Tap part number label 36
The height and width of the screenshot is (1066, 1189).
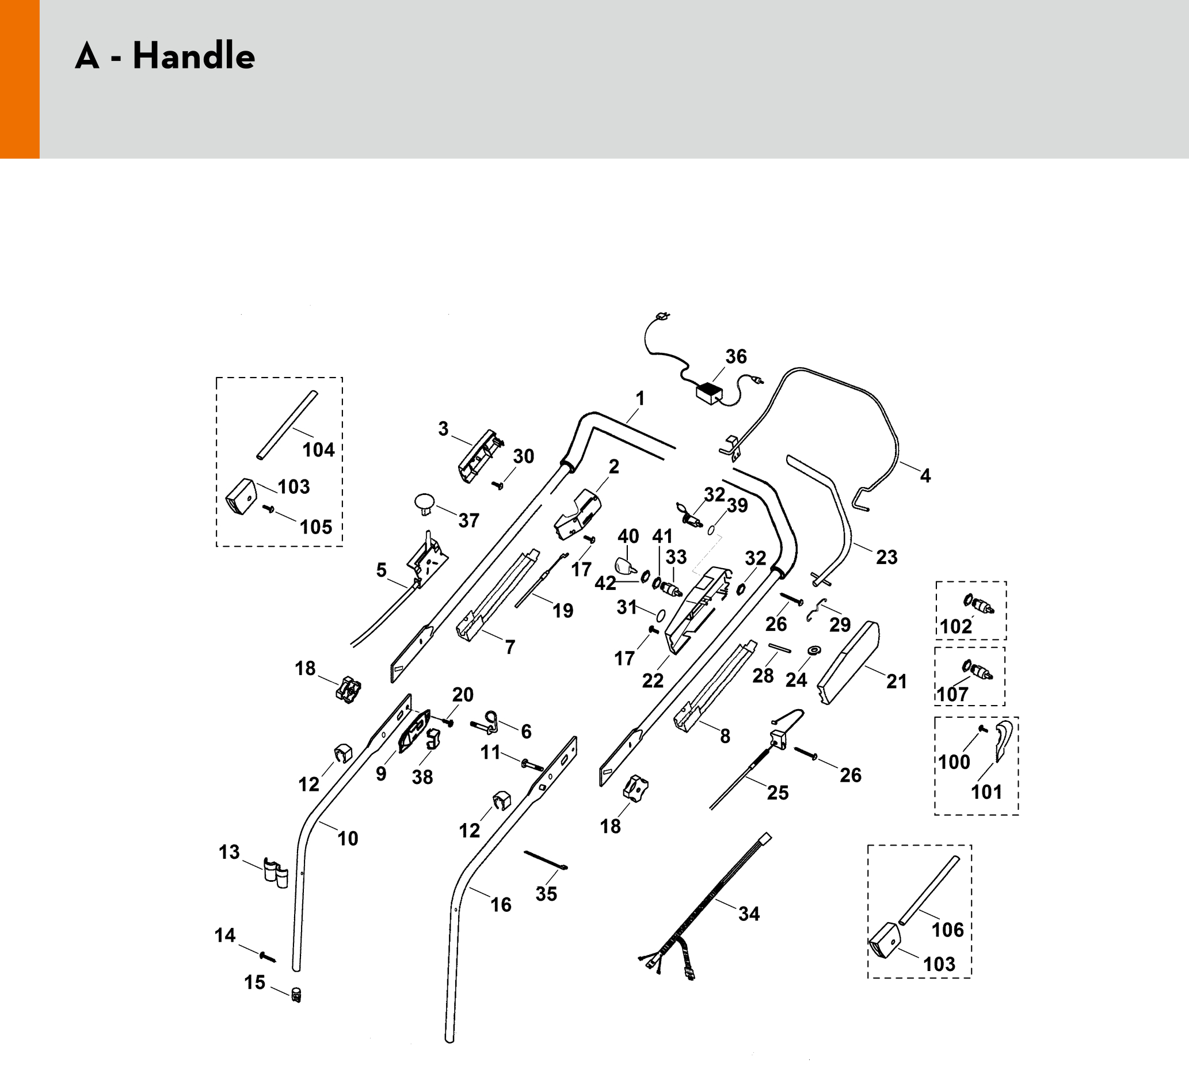pos(736,356)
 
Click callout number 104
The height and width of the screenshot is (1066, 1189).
pos(319,450)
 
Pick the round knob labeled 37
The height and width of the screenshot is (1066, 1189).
pos(425,503)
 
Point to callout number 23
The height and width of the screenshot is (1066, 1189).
pos(887,557)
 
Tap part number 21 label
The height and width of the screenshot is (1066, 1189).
pos(897,681)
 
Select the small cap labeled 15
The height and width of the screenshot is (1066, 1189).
pos(296,994)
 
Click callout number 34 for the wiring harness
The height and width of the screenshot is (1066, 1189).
pos(749,913)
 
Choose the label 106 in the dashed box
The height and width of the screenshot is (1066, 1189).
pos(948,930)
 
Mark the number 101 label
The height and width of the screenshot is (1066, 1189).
pos(987,792)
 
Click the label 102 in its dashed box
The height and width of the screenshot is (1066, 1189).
pos(956,627)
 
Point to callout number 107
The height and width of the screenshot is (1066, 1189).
pos(952,695)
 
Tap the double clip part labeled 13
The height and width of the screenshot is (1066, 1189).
pos(276,871)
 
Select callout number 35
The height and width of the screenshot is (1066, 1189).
pos(546,894)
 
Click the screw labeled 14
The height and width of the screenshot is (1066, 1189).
pos(267,957)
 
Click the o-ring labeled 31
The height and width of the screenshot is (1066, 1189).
pos(660,615)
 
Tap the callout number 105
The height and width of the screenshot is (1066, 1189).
pos(317,527)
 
